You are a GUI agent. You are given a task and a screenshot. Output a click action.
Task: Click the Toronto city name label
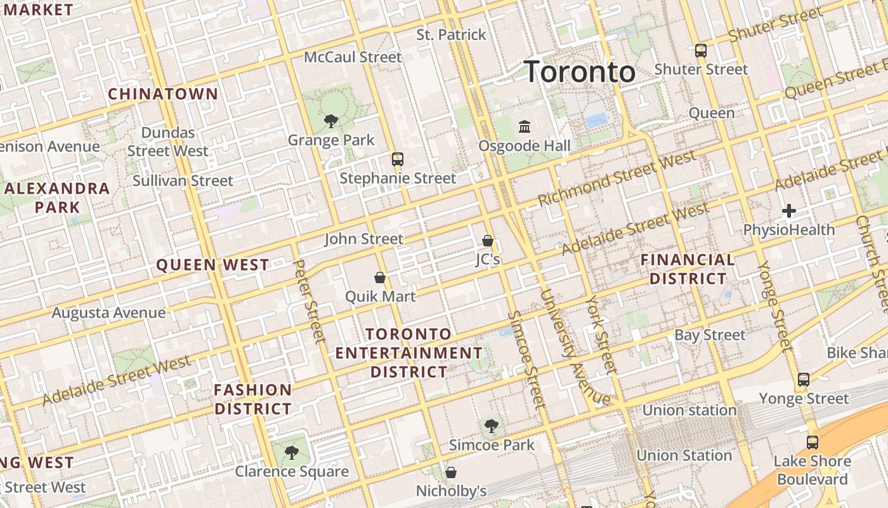pyautogui.click(x=580, y=72)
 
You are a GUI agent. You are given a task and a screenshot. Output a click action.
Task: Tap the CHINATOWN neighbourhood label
pyautogui.click(x=163, y=94)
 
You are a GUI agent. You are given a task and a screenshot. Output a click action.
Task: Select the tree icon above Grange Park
pyautogui.click(x=330, y=121)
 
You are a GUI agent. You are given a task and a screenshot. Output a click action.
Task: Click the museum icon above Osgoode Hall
pyautogui.click(x=525, y=127)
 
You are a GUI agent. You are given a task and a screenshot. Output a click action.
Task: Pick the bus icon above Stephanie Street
pyautogui.click(x=398, y=159)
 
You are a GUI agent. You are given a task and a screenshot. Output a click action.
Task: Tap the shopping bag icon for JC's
pyautogui.click(x=488, y=241)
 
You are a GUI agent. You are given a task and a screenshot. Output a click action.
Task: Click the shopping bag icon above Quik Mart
pyautogui.click(x=380, y=277)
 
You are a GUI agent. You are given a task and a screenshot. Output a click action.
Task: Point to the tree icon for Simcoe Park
pyautogui.click(x=492, y=425)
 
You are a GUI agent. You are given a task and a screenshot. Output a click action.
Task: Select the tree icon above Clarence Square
pyautogui.click(x=291, y=453)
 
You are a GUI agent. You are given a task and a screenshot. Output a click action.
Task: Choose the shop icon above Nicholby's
pyautogui.click(x=451, y=472)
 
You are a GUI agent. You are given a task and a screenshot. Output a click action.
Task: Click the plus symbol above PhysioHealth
pyautogui.click(x=789, y=211)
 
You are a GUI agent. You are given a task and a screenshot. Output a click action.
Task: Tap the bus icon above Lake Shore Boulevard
pyautogui.click(x=813, y=443)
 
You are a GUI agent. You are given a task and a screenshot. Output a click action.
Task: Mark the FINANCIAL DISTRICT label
pyautogui.click(x=688, y=269)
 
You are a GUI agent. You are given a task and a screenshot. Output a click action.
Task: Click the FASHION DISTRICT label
pyautogui.click(x=253, y=399)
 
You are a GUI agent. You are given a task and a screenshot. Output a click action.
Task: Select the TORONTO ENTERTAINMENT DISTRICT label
pyautogui.click(x=409, y=352)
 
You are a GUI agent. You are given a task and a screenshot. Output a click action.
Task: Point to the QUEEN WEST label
pyautogui.click(x=212, y=265)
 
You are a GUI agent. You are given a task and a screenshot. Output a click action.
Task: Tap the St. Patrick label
pyautogui.click(x=452, y=34)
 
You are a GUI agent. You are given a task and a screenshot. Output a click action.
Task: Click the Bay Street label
pyautogui.click(x=710, y=335)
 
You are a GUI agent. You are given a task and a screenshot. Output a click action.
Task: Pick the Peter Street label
pyautogui.click(x=310, y=301)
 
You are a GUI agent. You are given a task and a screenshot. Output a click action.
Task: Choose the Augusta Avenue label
pyautogui.click(x=108, y=312)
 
